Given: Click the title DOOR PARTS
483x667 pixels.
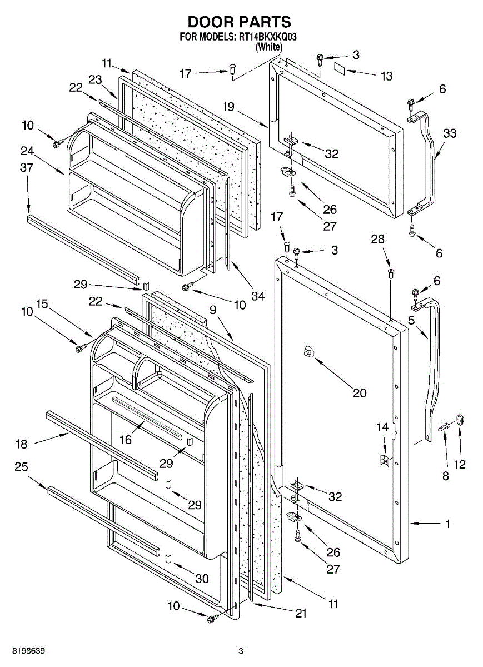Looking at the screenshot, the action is pos(240,22).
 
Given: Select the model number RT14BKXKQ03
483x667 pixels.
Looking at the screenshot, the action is pos(267,37).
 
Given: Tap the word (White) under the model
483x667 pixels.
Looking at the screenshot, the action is pos(269,47).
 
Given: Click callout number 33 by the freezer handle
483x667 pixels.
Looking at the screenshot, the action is pos(449,133).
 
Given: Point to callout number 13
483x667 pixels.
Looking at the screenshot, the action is pos(387,76).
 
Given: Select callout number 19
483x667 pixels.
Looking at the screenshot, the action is pos(228,107).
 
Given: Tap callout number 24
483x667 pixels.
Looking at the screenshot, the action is pos(27,151).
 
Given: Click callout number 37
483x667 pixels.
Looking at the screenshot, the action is pos(27,167).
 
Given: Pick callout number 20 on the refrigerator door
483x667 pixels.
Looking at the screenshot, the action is pos(360,393).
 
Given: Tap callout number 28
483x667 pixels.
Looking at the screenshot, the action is pos(377,239).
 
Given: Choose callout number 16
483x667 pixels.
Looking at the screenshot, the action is pos(126,440).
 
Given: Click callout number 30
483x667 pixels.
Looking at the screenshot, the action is pos(202,579).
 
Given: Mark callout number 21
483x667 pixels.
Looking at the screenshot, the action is pos(301,613).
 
